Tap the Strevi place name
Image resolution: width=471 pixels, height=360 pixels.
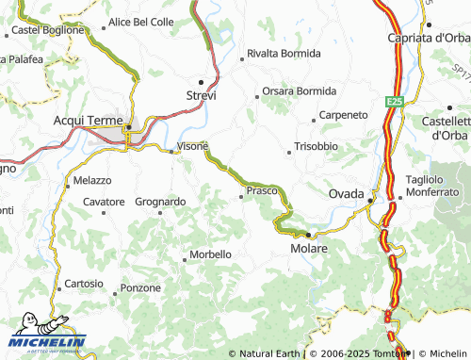click(202, 96)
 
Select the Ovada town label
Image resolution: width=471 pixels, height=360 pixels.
click(347, 193)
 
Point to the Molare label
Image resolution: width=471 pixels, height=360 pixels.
click(309, 249)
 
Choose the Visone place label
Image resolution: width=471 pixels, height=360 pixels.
click(193, 147)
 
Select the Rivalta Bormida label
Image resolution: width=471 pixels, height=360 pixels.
click(284, 54)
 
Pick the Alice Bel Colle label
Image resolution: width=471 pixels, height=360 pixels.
click(142, 21)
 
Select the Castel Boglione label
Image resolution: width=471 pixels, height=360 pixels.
click(48, 30)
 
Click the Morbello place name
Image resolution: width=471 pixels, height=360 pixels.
click(210, 254)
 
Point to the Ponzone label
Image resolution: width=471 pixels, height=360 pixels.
click(141, 287)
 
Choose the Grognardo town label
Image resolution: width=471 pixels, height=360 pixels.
click(160, 202)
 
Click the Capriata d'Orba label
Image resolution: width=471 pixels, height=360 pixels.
click(429, 38)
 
